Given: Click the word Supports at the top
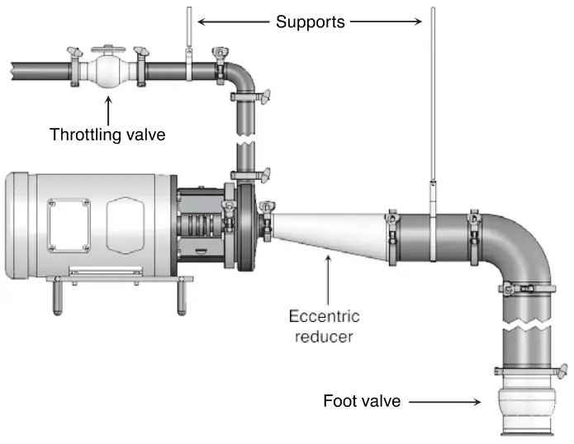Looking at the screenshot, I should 310,21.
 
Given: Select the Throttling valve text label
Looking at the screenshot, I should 107,134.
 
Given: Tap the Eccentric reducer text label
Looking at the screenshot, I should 325,325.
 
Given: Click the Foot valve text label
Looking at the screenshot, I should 362,402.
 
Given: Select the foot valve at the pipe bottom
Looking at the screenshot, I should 527,413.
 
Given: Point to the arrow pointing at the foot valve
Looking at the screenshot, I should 445,402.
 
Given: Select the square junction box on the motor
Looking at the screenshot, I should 68,224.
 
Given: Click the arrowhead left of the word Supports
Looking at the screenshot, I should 201,21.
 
